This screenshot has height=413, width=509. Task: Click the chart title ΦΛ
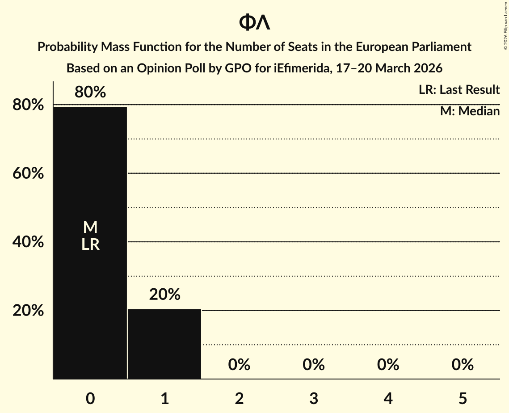[x=254, y=23]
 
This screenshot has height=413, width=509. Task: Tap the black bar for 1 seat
[x=164, y=344]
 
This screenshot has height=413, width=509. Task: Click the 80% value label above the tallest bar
[x=90, y=93]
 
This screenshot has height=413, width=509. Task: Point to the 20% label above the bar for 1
[x=164, y=295]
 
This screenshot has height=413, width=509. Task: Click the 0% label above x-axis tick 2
[x=239, y=365]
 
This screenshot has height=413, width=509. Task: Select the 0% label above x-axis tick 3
[x=313, y=365]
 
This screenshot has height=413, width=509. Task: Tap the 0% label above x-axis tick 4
[x=388, y=365]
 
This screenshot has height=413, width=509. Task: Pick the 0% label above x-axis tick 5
[x=462, y=365]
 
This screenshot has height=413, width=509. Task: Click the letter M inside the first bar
[x=90, y=228]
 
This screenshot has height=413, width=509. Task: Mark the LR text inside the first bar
[x=90, y=244]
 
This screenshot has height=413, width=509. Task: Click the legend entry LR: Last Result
[x=459, y=90]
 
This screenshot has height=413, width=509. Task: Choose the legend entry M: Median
[x=470, y=111]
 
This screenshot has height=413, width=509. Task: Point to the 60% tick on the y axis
[x=28, y=173]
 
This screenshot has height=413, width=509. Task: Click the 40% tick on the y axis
[x=28, y=242]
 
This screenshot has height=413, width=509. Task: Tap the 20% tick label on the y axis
[x=28, y=311]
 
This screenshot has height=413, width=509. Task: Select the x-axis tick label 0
[x=90, y=398]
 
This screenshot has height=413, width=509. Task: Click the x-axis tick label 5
[x=462, y=398]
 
